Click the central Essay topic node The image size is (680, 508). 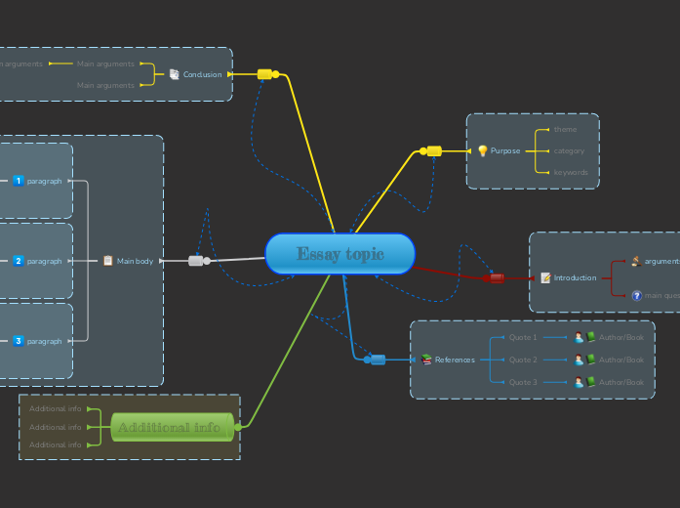(x=340, y=254)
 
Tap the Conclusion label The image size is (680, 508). (x=202, y=74)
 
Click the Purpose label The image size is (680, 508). (x=505, y=150)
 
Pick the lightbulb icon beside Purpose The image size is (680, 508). (x=482, y=150)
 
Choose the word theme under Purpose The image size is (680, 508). (x=565, y=129)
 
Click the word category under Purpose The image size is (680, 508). (x=569, y=150)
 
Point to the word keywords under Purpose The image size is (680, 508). (x=571, y=172)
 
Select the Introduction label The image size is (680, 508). (x=575, y=277)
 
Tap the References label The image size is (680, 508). (x=455, y=360)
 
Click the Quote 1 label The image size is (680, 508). (x=523, y=337)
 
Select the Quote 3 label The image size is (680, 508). (x=523, y=382)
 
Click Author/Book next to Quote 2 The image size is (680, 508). (x=621, y=360)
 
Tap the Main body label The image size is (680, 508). (x=135, y=261)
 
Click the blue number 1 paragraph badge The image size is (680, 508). (x=18, y=181)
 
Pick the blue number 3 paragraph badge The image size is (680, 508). (x=18, y=341)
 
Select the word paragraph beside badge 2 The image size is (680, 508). (x=44, y=261)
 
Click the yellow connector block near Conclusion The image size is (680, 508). (x=264, y=74)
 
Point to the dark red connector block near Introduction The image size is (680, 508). (x=497, y=278)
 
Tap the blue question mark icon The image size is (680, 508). (x=636, y=295)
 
